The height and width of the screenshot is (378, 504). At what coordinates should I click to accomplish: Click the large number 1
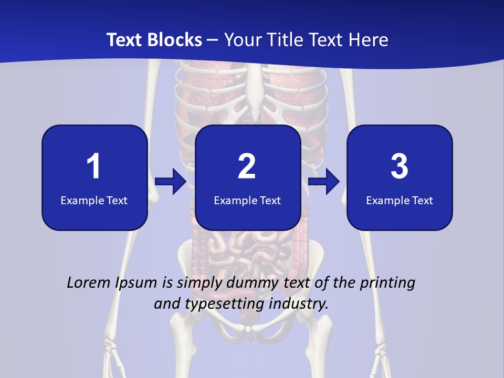(93, 166)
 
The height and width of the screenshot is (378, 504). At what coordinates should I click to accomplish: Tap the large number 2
(247, 166)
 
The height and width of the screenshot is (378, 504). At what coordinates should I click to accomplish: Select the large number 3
(400, 166)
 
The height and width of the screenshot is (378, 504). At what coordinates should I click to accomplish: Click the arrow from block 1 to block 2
(171, 182)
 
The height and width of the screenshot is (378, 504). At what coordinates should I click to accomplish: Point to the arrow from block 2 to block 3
(324, 182)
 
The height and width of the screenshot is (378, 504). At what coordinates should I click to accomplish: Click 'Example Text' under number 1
(94, 200)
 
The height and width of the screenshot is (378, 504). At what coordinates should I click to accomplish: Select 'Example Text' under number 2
(247, 200)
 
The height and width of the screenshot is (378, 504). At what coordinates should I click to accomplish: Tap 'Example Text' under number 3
(400, 200)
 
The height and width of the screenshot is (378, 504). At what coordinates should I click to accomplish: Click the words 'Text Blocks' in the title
(154, 40)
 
